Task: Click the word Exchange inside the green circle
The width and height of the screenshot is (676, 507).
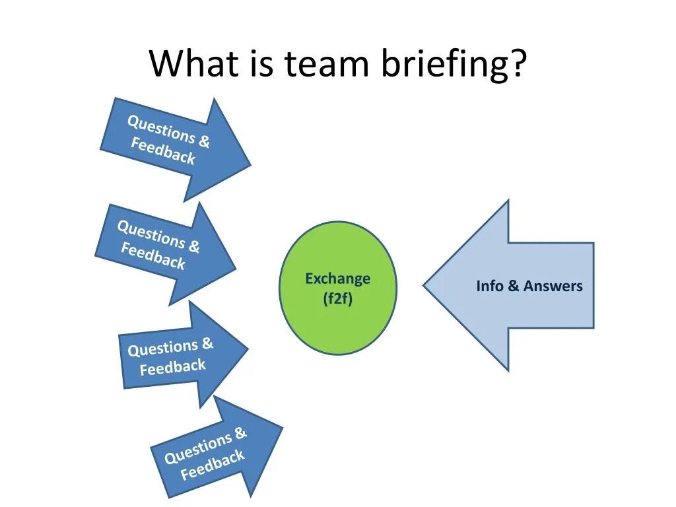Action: point(338,279)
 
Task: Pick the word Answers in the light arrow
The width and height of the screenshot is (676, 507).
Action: point(553,286)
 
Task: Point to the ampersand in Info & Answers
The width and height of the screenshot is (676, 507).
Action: point(514,286)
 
